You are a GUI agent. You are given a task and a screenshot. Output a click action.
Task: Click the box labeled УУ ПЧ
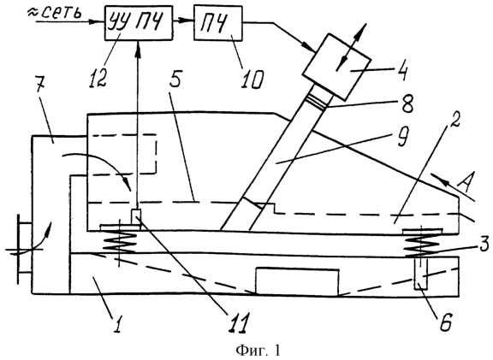139,22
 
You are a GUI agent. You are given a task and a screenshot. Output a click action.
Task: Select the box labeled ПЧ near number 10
218,22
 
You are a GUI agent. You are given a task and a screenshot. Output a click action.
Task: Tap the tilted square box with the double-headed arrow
336,68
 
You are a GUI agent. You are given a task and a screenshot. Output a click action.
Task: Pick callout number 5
175,80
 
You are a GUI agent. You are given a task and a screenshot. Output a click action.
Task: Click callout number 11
238,323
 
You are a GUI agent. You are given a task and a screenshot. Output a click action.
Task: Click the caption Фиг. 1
258,350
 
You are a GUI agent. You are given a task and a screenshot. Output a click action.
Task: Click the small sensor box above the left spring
136,216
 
